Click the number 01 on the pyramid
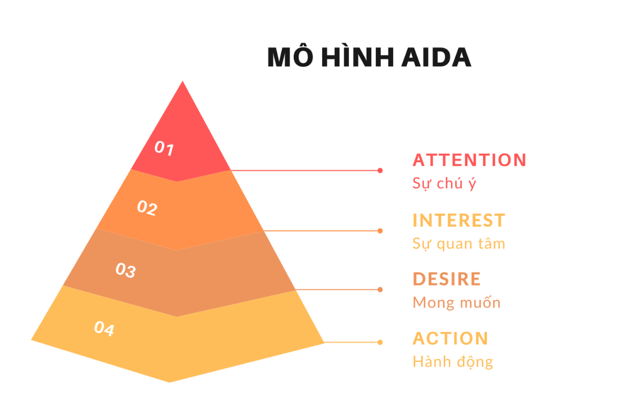(164, 149)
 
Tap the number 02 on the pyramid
(147, 208)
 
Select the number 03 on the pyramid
(126, 270)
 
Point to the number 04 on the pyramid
(104, 329)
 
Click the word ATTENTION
(469, 160)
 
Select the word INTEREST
(459, 220)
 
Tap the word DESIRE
(446, 279)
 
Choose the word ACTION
(451, 338)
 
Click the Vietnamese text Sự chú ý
(444, 183)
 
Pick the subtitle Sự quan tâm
(459, 243)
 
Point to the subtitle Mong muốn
(456, 302)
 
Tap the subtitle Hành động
(453, 362)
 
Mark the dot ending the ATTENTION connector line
(380, 170)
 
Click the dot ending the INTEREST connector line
(380, 231)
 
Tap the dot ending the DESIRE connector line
(380, 290)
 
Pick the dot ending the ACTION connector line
(380, 342)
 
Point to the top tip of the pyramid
(182, 82)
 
